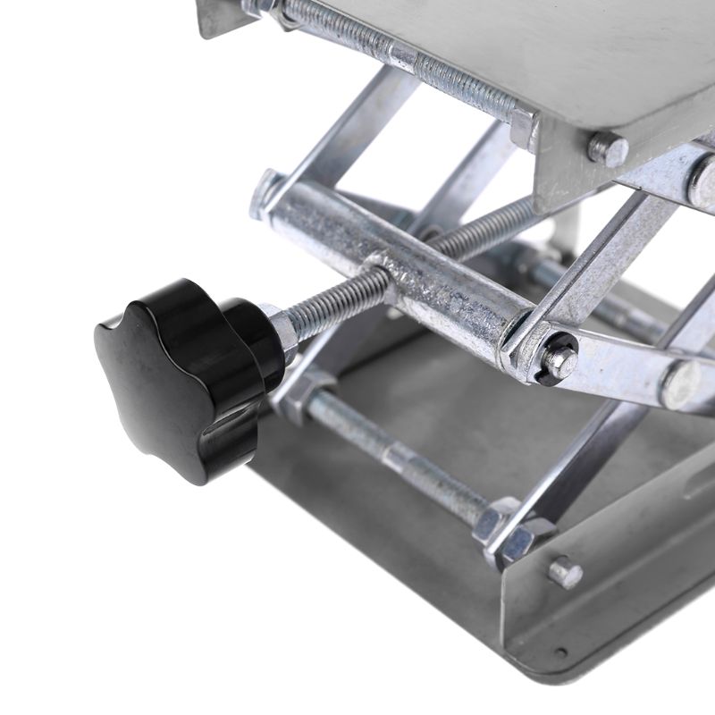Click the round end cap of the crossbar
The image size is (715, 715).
tap(265, 192)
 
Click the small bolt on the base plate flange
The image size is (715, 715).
tap(565, 572)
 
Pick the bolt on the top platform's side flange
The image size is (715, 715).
tap(608, 147)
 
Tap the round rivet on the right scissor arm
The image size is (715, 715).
tap(679, 384)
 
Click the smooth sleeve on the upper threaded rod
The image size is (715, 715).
tap(405, 57)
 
